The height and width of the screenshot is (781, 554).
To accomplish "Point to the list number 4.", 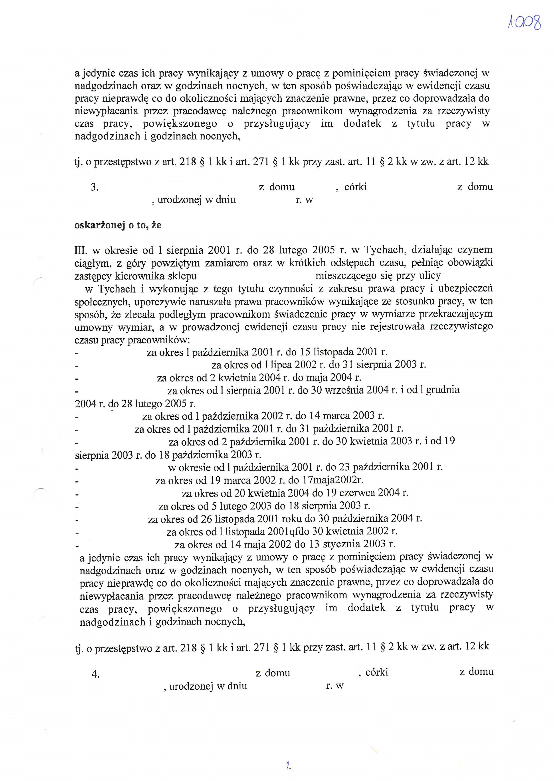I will click(95, 674).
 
